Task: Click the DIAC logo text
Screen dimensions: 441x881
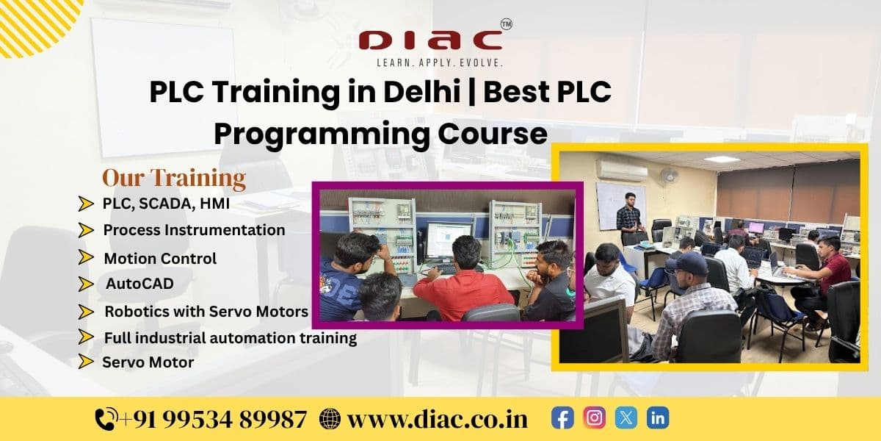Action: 431,40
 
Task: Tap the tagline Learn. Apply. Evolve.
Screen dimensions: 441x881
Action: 440,64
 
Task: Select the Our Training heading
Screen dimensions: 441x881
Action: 173,178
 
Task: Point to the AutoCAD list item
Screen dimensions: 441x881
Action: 139,284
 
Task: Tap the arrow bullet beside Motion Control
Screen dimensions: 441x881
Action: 87,258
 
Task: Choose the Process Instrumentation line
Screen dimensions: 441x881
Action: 194,230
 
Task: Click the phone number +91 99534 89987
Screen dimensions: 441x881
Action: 213,420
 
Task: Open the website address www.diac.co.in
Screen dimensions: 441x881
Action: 438,420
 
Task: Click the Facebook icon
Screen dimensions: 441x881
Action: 562,418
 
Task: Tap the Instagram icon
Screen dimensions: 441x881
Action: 595,418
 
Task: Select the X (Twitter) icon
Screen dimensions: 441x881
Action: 626,418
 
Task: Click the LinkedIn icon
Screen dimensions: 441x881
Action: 658,418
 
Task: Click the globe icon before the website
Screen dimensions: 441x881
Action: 330,420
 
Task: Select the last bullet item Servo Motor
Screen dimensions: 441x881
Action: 148,362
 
